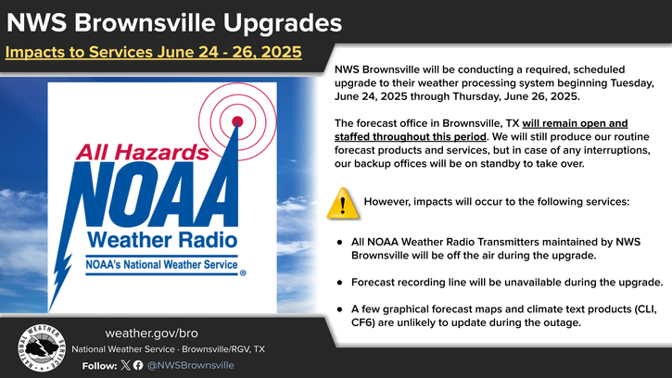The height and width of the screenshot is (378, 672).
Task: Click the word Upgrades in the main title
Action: [x=283, y=23]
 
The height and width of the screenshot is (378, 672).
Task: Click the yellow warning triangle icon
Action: [x=343, y=204]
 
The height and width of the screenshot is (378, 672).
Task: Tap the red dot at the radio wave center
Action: [x=237, y=121]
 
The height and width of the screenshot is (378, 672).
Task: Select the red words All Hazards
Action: [x=143, y=152]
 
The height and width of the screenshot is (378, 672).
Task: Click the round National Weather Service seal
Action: [x=42, y=347]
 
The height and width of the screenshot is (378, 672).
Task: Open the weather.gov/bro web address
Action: [x=152, y=333]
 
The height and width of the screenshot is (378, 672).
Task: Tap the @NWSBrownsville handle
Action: [x=190, y=365]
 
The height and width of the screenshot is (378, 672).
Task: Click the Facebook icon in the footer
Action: [x=138, y=365]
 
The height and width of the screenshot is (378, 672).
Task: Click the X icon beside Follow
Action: [x=125, y=365]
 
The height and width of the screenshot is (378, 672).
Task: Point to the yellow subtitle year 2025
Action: [x=281, y=52]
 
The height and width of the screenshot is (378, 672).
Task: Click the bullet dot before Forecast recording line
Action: [x=340, y=283]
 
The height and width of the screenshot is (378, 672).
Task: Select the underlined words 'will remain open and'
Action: [x=575, y=123]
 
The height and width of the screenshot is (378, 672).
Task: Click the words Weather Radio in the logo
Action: [x=162, y=240]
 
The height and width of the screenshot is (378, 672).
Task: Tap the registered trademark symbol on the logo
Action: [x=243, y=273]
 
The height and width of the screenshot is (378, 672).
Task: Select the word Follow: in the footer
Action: [x=99, y=366]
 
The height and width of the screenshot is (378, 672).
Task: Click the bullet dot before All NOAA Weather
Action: [x=340, y=242]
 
